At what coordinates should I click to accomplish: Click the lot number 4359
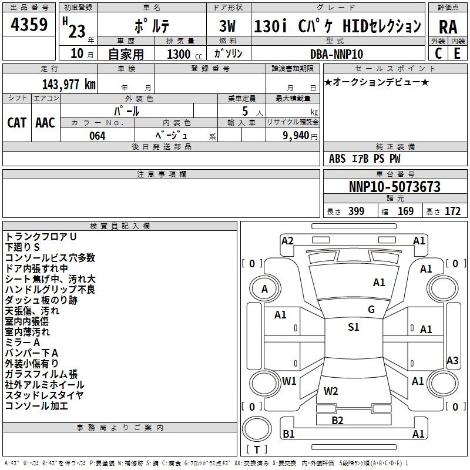coord(29,24)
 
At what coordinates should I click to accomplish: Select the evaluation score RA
coord(448,26)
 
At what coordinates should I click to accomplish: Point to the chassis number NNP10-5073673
coord(394,187)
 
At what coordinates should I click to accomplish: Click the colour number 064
coord(97,136)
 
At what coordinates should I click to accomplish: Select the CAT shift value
coord(16,122)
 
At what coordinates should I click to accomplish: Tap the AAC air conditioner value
coord(45,122)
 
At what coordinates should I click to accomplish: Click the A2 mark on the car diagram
coord(287,240)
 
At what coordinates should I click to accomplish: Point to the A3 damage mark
coord(452,361)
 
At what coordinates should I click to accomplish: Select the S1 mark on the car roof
coord(353,327)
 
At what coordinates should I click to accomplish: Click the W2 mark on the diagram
coord(331,391)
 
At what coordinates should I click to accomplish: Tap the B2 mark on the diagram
coord(337,419)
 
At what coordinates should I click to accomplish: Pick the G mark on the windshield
coord(371,309)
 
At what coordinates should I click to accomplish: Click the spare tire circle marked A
coord(264,288)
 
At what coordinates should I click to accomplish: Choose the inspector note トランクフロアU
coord(41,236)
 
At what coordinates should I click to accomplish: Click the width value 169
coord(405,211)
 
